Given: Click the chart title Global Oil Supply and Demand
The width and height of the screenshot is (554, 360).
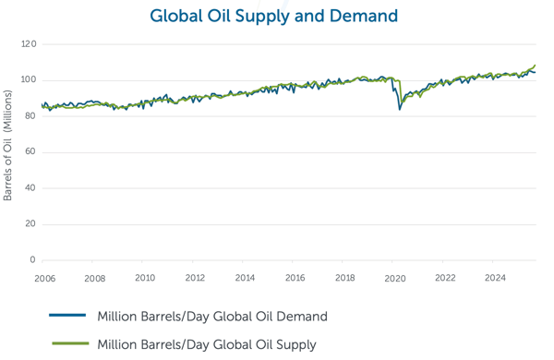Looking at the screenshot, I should pyautogui.click(x=273, y=16).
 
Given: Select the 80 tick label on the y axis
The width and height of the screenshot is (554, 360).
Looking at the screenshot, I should pyautogui.click(x=30, y=116).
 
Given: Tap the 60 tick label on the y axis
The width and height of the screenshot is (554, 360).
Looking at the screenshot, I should pyautogui.click(x=30, y=152).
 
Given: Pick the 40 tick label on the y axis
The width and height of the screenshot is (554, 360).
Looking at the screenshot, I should pyautogui.click(x=30, y=188).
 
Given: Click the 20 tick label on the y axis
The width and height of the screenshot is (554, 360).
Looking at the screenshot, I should pyautogui.click(x=30, y=224).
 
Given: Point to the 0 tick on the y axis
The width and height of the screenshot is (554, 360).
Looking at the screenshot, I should pyautogui.click(x=32, y=260).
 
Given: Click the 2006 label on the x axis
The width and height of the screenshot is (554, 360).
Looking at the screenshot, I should pyautogui.click(x=44, y=277).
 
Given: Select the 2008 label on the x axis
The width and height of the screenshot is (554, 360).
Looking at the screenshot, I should pyautogui.click(x=94, y=277).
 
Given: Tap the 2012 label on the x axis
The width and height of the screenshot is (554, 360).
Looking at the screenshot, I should pyautogui.click(x=195, y=277).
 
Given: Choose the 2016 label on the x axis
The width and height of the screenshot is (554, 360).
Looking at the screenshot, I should pyautogui.click(x=295, y=277).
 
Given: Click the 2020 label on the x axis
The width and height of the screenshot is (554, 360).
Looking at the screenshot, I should pyautogui.click(x=395, y=277).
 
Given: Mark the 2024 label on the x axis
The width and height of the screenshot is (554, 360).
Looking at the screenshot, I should pyautogui.click(x=495, y=277).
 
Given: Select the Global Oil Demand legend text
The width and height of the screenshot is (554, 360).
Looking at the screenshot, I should pyautogui.click(x=212, y=317).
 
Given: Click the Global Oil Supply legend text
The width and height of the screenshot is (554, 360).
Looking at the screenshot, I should pyautogui.click(x=207, y=344).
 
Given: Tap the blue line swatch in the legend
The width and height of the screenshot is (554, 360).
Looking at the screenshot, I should pyautogui.click(x=68, y=317).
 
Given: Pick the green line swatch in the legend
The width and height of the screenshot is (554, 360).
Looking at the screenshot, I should pyautogui.click(x=68, y=344).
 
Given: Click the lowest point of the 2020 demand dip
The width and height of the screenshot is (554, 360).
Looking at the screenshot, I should pyautogui.click(x=400, y=109).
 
